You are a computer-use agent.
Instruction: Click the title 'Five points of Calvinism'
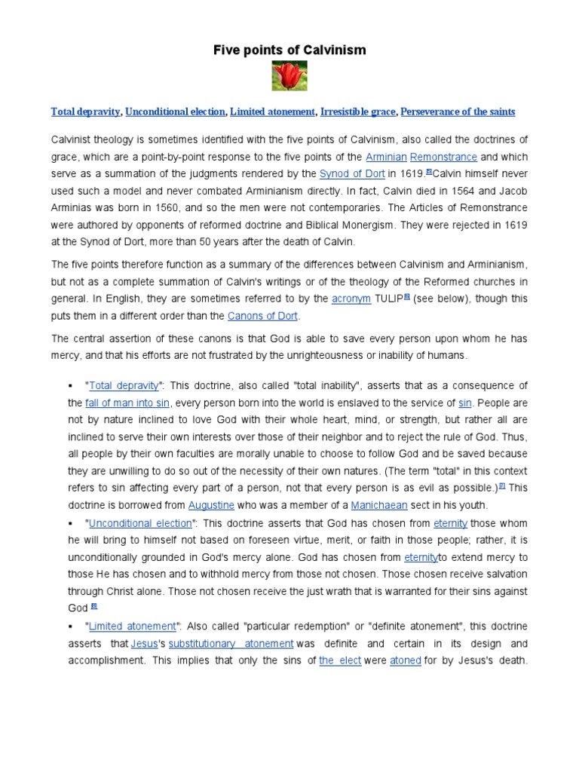[289, 51]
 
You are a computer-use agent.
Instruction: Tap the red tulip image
[289, 78]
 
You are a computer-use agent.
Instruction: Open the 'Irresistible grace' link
[358, 112]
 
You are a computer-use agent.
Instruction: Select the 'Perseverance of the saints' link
[458, 112]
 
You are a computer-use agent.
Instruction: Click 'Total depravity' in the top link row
[85, 112]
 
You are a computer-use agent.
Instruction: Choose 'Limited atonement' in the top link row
[272, 112]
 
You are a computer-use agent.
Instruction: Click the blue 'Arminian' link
[386, 157]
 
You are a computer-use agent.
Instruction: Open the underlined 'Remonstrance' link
[448, 157]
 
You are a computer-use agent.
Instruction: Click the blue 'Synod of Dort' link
[352, 173]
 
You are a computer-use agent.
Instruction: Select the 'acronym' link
[351, 299]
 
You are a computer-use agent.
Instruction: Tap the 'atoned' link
[406, 660]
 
